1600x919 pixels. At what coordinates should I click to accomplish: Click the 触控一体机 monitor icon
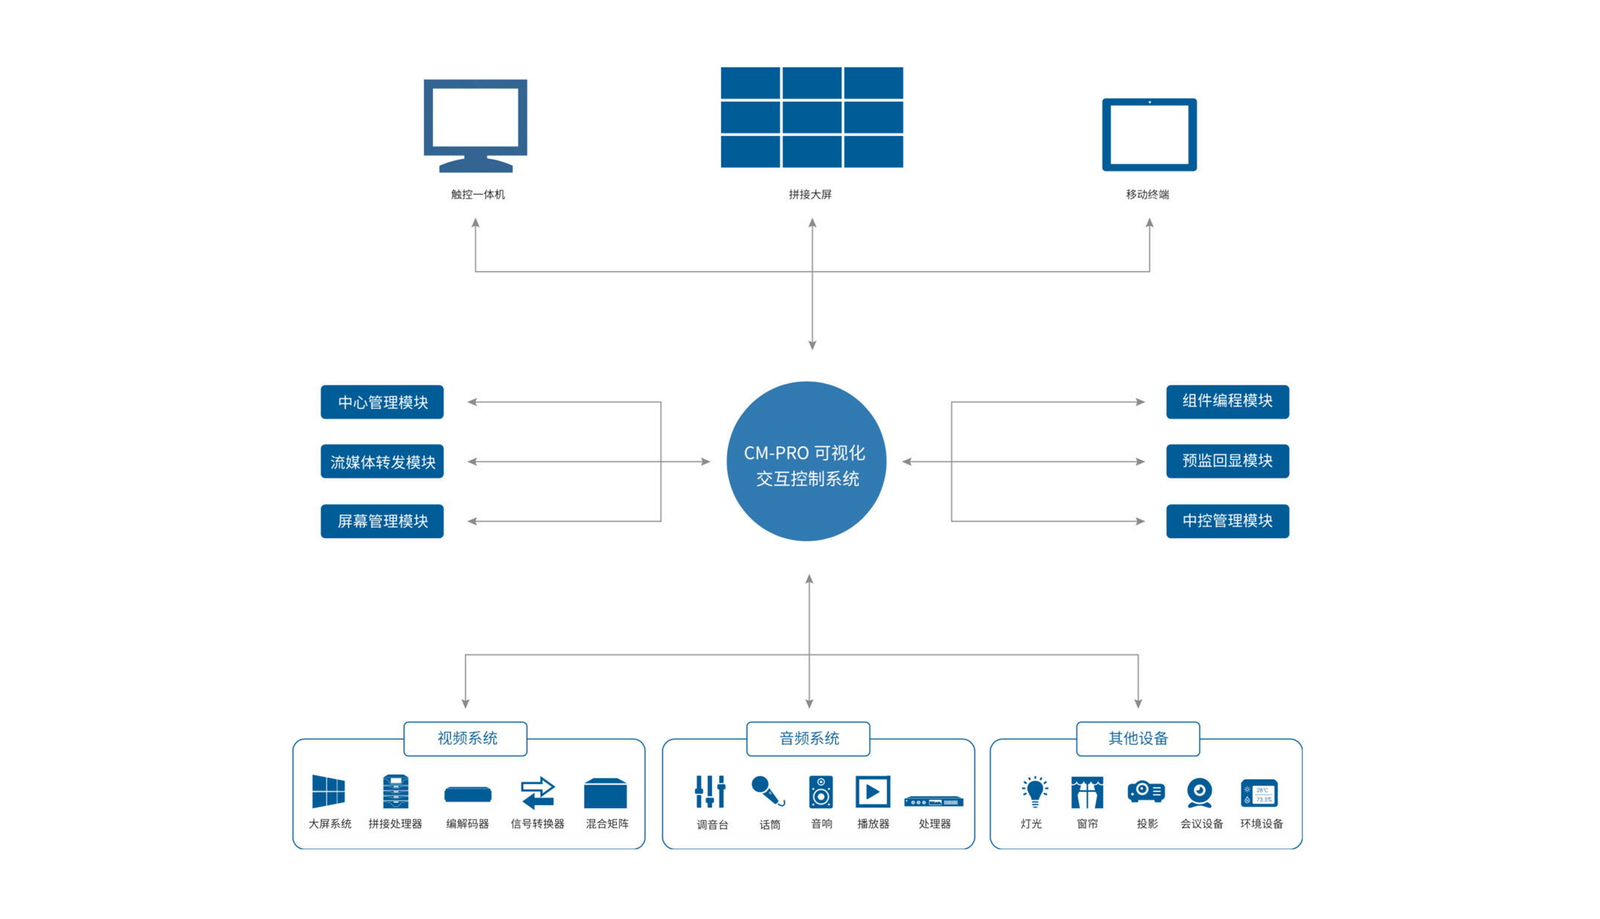pos(476,124)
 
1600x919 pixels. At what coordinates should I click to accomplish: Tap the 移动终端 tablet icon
pos(1149,135)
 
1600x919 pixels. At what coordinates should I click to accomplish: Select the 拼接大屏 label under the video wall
pos(810,194)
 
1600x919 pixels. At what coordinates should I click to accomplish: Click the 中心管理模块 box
pos(382,402)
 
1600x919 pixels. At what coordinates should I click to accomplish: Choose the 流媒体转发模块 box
pos(382,461)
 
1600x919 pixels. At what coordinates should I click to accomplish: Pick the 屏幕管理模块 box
pos(382,521)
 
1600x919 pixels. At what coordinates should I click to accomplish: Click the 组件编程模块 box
pos(1227,401)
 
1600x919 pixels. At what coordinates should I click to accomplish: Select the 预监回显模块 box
pos(1227,461)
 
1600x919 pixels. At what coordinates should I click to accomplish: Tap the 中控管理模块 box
pos(1227,521)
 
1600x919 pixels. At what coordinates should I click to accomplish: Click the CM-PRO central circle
pos(806,461)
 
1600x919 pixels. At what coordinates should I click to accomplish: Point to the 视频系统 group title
pos(466,738)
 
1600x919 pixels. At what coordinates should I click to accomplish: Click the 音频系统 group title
pos(808,738)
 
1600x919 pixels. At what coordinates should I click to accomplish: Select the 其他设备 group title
pos(1138,738)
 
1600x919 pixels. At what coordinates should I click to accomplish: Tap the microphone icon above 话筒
pos(767,791)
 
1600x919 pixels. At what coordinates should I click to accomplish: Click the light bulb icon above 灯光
pos(1034,791)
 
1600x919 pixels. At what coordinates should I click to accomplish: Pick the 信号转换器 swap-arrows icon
pos(537,792)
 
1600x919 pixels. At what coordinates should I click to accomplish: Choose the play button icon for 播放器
pos(872,792)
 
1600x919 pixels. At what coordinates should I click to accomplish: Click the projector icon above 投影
pos(1146,791)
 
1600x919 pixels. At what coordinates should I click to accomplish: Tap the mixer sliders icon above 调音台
pos(710,791)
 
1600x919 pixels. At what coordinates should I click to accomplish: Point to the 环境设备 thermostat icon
pos(1259,793)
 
